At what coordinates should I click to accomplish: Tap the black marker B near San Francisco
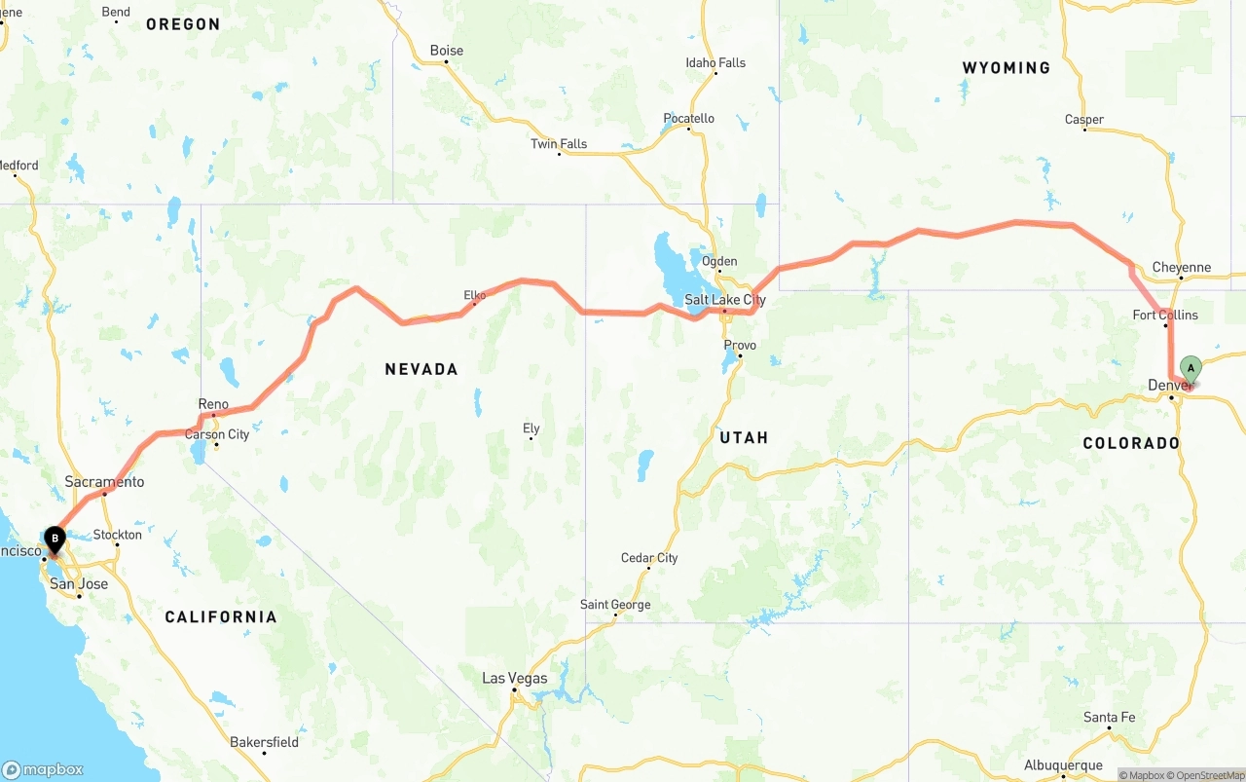point(55,538)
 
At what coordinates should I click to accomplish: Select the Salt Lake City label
point(725,300)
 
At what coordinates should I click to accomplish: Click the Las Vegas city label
point(515,678)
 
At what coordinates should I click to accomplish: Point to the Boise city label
point(447,51)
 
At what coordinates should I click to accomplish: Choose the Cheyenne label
point(1181,267)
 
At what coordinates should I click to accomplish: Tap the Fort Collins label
point(1165,315)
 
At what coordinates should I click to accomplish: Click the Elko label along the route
point(474,295)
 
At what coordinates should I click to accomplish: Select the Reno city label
point(213,404)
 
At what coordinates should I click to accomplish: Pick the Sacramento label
point(104,482)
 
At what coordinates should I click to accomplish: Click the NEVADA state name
point(421,369)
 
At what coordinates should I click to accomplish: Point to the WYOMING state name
point(1006,68)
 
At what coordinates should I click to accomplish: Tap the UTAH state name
point(744,437)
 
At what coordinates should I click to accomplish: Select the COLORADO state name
point(1131,443)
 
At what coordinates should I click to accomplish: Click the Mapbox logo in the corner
point(43,768)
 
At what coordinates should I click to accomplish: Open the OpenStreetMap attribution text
point(1208,775)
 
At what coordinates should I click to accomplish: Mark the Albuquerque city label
point(1063,765)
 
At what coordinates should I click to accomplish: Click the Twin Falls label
point(559,144)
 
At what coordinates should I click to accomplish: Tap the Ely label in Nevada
point(531,428)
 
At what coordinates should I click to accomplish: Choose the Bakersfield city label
point(264,742)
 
